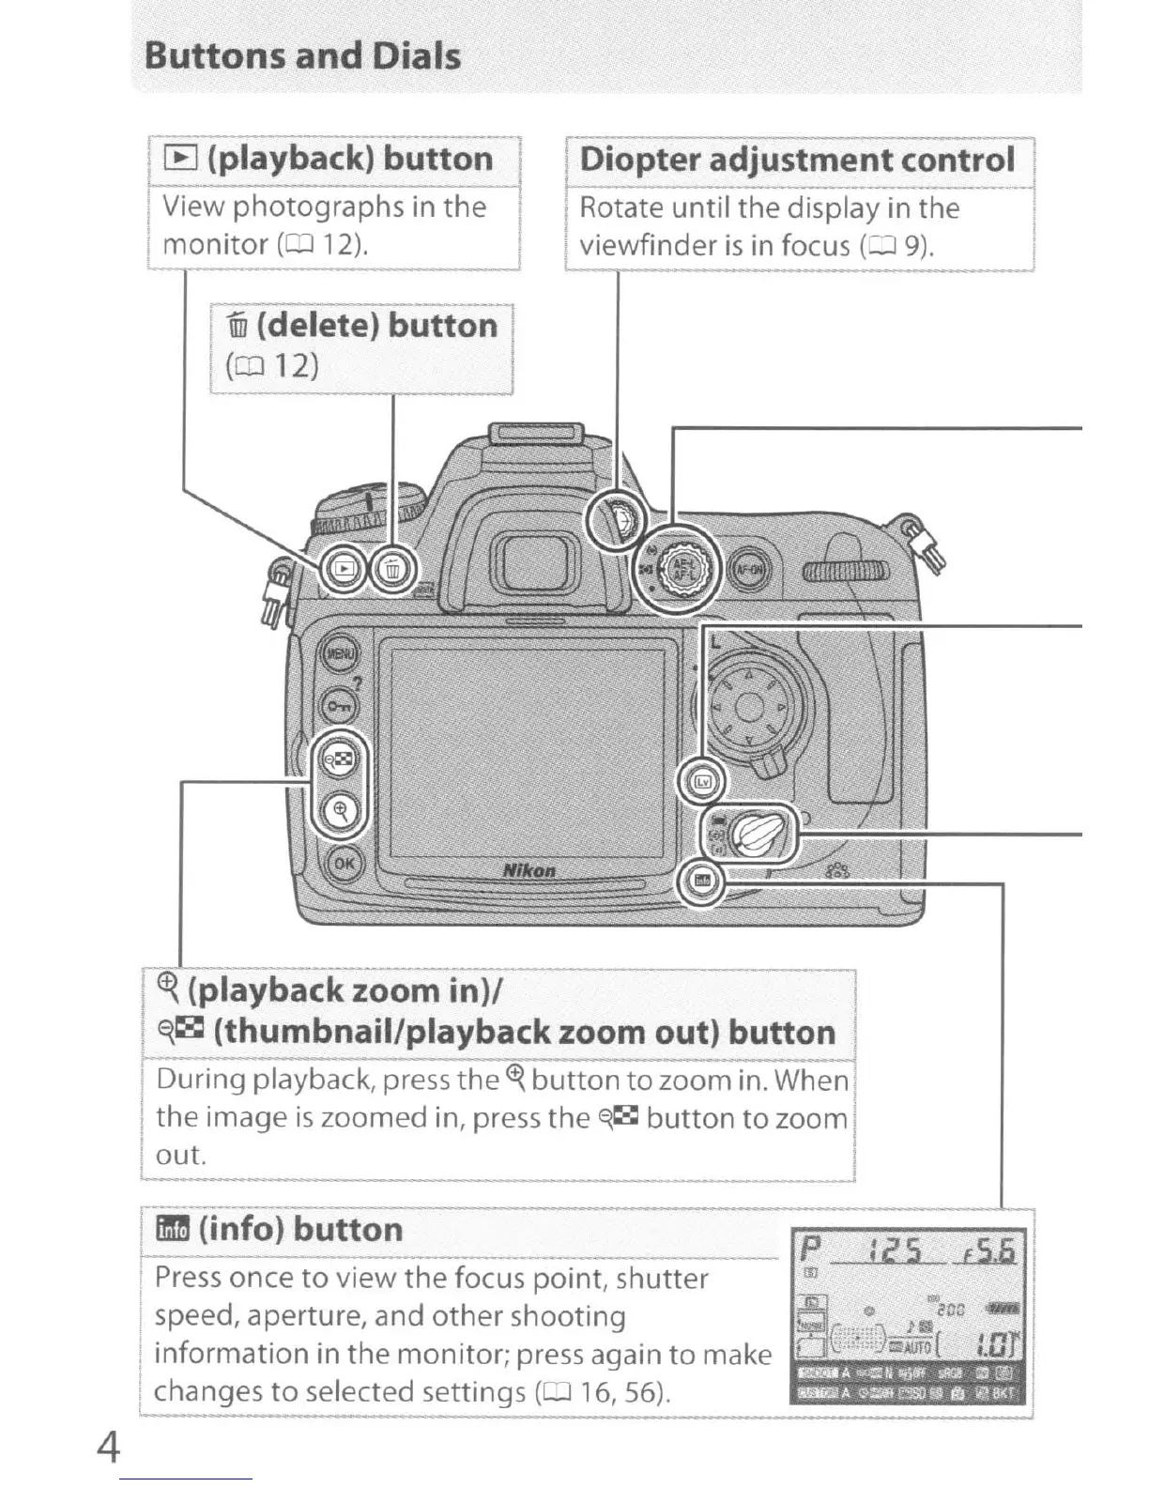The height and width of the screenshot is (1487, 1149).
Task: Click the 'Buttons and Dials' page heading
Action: (302, 55)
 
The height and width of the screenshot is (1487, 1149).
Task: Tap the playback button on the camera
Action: (345, 568)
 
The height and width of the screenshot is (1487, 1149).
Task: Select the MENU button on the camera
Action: (339, 654)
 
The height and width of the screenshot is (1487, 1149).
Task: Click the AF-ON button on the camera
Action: (750, 568)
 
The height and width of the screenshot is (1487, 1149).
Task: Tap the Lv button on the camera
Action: (703, 781)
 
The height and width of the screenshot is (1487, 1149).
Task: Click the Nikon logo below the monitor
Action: (529, 870)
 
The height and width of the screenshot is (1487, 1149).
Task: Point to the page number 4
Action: (109, 1447)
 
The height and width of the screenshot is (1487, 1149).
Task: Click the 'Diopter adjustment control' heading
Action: (797, 159)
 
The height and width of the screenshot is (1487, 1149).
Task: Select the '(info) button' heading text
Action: (300, 1229)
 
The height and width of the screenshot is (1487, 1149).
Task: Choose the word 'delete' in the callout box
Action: (317, 326)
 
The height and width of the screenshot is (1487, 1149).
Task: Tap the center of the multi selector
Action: (748, 707)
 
